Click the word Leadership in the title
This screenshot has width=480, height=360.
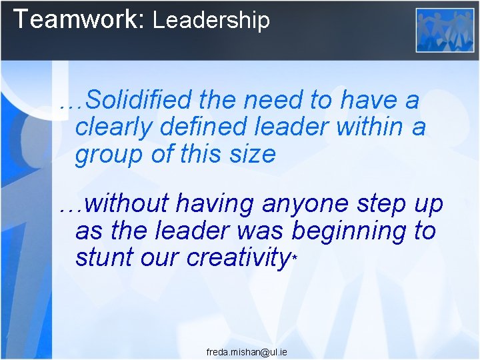coord(211,20)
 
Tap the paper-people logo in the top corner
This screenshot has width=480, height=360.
coord(445,30)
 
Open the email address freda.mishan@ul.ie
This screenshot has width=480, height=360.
coord(247,351)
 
